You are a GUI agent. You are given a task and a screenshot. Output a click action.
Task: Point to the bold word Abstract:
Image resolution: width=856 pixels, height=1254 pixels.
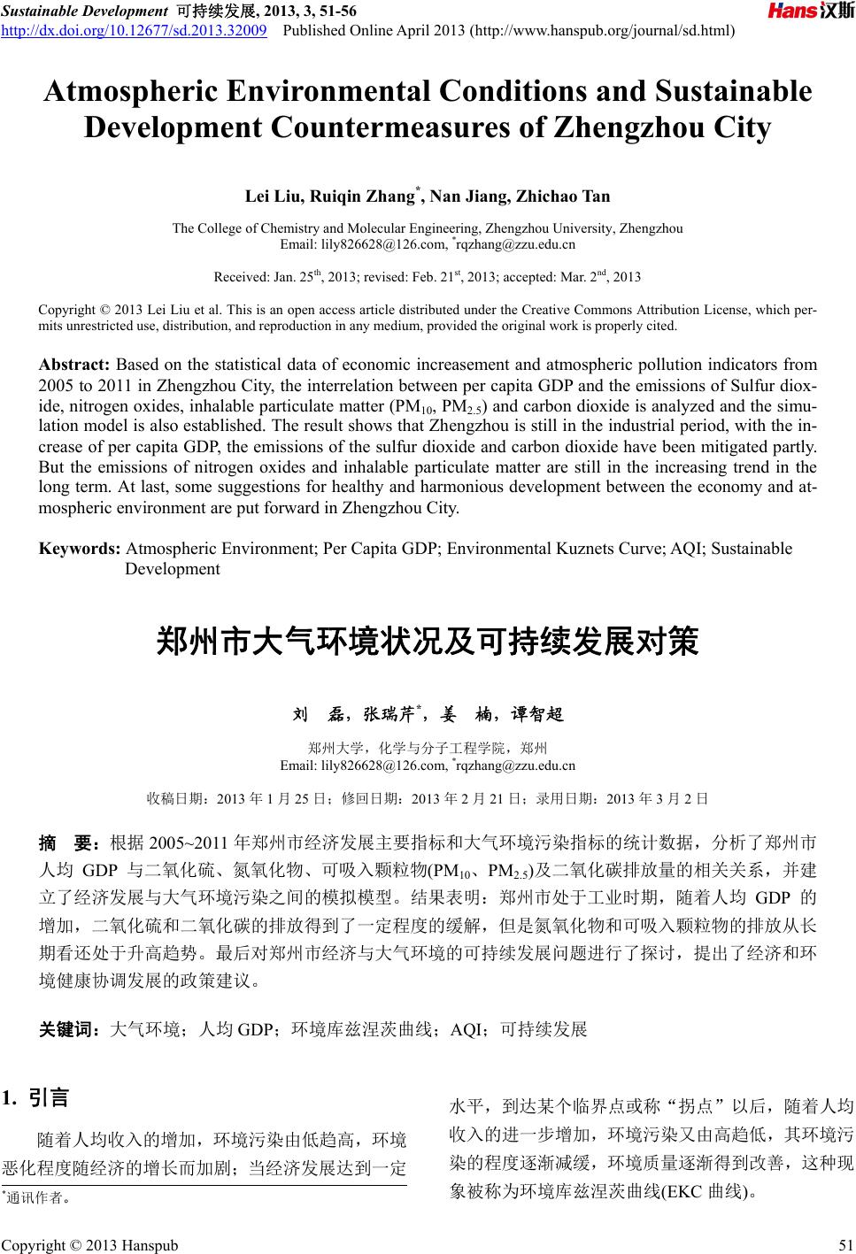coord(75,365)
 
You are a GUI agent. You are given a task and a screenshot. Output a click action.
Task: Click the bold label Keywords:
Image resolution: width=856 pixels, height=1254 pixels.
coord(80,549)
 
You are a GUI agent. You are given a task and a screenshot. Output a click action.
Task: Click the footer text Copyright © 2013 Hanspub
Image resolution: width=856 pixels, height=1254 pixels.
coord(89,1246)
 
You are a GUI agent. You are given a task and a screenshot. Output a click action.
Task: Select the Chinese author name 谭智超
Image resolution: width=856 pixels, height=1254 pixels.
coord(537,714)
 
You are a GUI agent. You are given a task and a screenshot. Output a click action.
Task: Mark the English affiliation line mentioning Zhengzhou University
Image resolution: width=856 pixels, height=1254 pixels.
coord(428,228)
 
